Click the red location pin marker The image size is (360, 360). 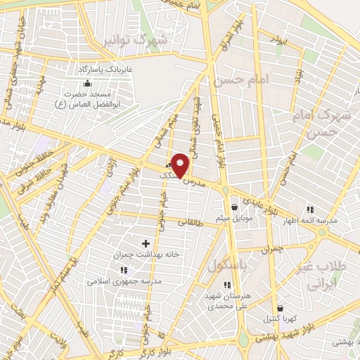[181, 165]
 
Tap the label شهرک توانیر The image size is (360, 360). [135, 41]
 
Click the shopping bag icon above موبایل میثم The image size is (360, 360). [235, 207]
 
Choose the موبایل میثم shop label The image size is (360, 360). [235, 218]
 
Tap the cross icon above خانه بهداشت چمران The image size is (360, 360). [146, 243]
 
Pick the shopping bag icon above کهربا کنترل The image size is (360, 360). [281, 308]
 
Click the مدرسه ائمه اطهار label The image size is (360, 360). [311, 221]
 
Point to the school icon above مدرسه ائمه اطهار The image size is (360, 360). [310, 210]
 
